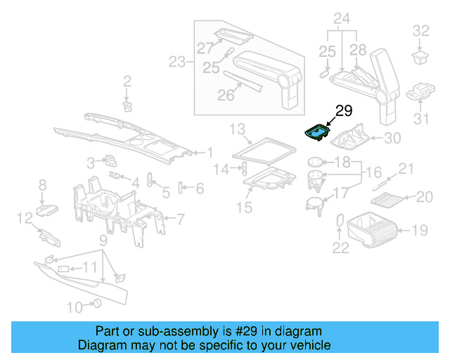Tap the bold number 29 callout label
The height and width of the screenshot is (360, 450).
pyautogui.click(x=343, y=111)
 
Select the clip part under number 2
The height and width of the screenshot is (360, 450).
pyautogui.click(x=128, y=105)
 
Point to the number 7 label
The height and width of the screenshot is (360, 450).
pyautogui.click(x=180, y=219)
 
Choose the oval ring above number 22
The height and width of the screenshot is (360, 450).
pyautogui.click(x=340, y=221)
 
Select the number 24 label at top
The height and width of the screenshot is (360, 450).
pyautogui.click(x=341, y=18)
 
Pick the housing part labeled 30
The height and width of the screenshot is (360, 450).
pyautogui.click(x=348, y=136)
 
